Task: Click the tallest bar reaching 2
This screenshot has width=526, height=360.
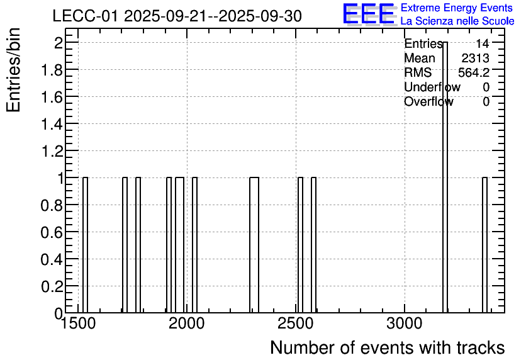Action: coord(445,177)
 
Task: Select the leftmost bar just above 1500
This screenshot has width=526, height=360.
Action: coord(85,245)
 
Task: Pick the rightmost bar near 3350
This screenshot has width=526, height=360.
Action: coord(484,245)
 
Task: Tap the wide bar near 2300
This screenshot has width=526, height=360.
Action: coord(254,245)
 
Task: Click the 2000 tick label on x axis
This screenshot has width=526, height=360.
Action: coord(186,324)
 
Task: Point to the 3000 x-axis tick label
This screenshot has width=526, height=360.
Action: coord(404,324)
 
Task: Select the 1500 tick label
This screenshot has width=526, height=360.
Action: coord(78,324)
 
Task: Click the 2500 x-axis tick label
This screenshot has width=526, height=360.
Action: coord(296,324)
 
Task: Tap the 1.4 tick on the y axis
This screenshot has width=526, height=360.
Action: coord(52,124)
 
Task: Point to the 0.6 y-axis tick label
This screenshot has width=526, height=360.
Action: coord(52,232)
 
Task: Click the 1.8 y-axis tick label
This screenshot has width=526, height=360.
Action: coord(52,70)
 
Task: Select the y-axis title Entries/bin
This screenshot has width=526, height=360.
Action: coord(13,70)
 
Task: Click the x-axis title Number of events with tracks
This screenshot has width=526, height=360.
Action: coord(388,347)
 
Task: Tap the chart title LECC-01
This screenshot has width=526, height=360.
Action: coord(85,16)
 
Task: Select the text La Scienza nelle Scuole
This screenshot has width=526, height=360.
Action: coord(457,21)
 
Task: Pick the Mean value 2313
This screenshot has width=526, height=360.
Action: coord(475,58)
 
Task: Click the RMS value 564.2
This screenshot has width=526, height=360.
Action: coord(474,72)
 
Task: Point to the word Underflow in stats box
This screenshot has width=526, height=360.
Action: coord(432,87)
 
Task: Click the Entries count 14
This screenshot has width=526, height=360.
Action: coord(483,43)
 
